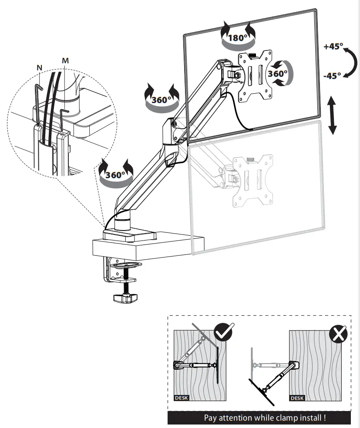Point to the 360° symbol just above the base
tap(115, 175)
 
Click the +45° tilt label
tap(333, 47)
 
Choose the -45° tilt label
tap(333, 75)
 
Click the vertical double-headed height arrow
tap(333, 115)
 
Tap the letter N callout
tap(40, 68)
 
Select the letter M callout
tap(65, 60)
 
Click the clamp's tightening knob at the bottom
tap(125, 298)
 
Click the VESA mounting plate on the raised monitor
tap(255, 74)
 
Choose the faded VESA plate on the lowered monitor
tap(253, 179)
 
